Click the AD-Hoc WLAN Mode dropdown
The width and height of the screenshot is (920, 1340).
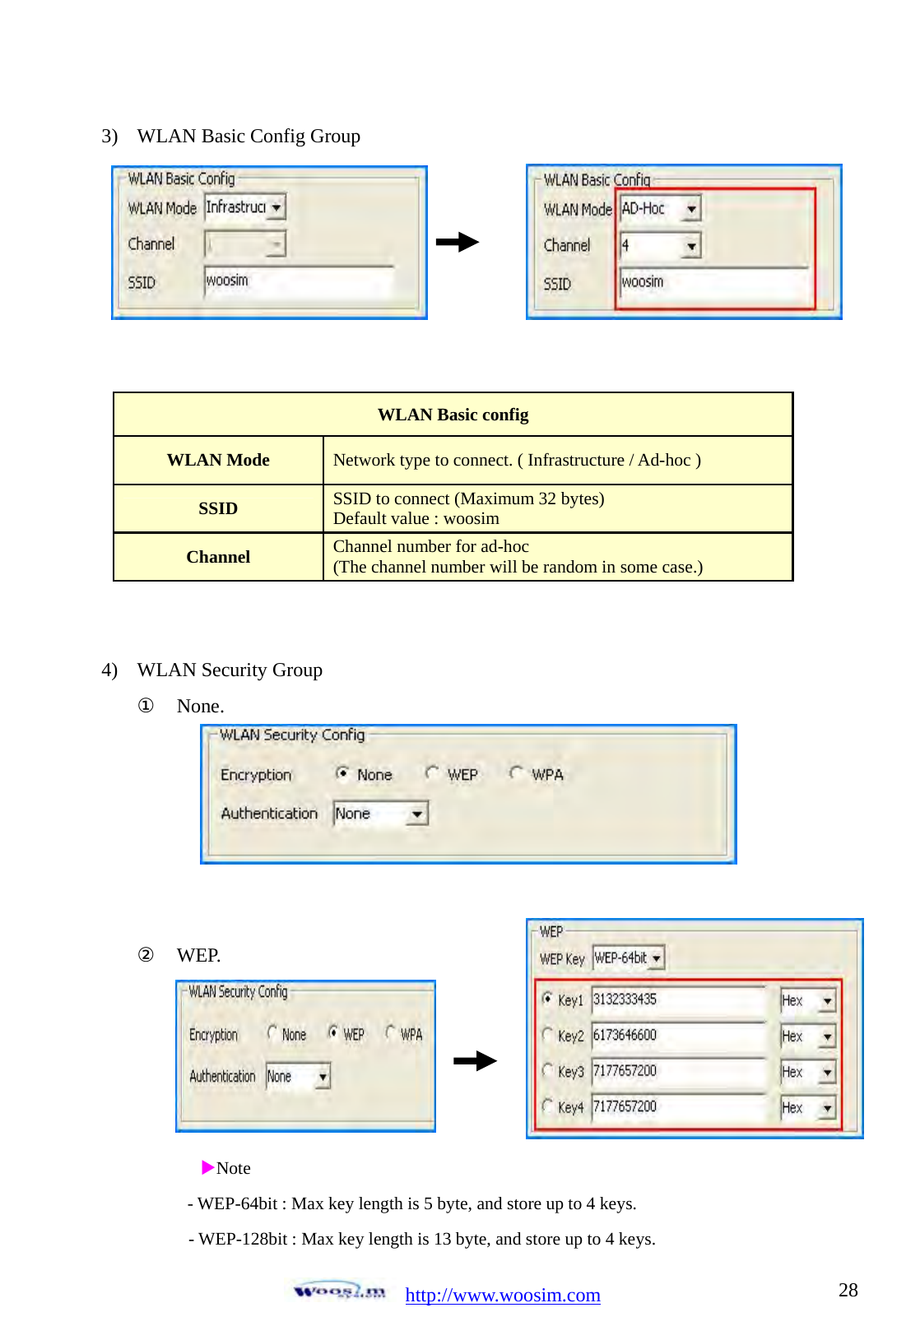click(660, 209)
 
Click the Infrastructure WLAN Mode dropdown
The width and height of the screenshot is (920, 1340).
click(244, 207)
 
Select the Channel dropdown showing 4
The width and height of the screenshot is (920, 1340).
click(660, 246)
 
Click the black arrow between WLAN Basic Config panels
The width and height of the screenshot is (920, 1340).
click(458, 242)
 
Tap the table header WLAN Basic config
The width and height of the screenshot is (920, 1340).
click(453, 415)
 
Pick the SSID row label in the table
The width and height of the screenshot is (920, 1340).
click(218, 508)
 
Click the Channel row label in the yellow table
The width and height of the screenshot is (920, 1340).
click(218, 557)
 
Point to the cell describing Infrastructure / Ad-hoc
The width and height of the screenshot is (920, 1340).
click(517, 460)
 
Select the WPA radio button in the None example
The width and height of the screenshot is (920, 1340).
click(516, 773)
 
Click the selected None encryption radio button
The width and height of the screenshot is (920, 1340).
click(342, 773)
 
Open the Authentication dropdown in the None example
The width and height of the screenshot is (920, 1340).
click(380, 814)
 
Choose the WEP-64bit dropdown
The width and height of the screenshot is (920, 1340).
click(628, 957)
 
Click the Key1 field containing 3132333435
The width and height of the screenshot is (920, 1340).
click(678, 999)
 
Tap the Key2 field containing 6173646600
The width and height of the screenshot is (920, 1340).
click(678, 1036)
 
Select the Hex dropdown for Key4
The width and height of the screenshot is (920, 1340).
click(807, 1107)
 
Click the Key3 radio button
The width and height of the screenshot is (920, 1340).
click(547, 1070)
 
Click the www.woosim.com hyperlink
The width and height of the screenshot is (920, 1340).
click(503, 1295)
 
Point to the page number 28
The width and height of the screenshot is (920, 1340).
click(848, 1290)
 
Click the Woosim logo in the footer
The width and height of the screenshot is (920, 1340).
click(339, 1291)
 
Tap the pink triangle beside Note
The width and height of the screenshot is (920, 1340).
click(207, 1167)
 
